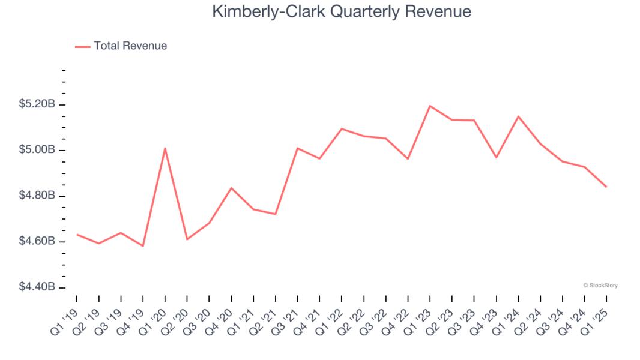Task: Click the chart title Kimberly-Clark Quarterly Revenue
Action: click(x=342, y=12)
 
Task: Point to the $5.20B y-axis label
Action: click(x=37, y=104)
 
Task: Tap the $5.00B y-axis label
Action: click(x=37, y=150)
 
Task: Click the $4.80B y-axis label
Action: click(x=37, y=196)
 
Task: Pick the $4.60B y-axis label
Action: click(x=37, y=241)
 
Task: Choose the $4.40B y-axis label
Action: click(x=37, y=287)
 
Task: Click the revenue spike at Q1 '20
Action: click(x=165, y=148)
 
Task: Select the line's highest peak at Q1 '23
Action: click(x=430, y=106)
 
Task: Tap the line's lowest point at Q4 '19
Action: click(x=143, y=246)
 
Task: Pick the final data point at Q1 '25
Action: click(x=606, y=187)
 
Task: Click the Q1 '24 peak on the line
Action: click(x=518, y=116)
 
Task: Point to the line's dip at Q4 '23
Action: click(x=496, y=158)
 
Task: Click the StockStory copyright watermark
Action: click(x=600, y=286)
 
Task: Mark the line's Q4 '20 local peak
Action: click(x=231, y=188)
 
